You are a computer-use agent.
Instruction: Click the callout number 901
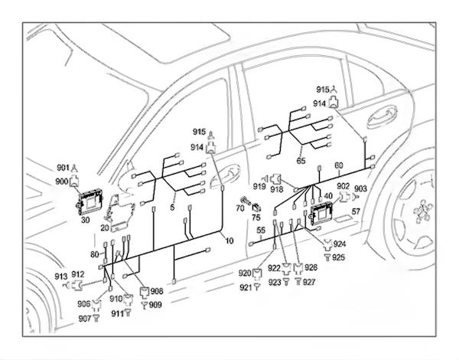pos(62,168)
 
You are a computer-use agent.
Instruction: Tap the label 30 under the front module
pos(85,218)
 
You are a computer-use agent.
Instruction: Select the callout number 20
pos(104,227)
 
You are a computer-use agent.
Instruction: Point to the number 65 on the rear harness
pos(301,161)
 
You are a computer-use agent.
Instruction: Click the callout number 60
pos(339,165)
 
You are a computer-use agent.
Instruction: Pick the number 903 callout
pos(360,188)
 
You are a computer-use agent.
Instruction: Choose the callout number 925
pos(339,257)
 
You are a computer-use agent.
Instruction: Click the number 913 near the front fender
pos(60,276)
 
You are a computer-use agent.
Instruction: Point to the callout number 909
pos(155,305)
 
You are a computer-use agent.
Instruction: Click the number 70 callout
pos(239,208)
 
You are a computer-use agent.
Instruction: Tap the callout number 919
pos(260,187)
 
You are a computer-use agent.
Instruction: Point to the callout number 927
pos(309,281)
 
